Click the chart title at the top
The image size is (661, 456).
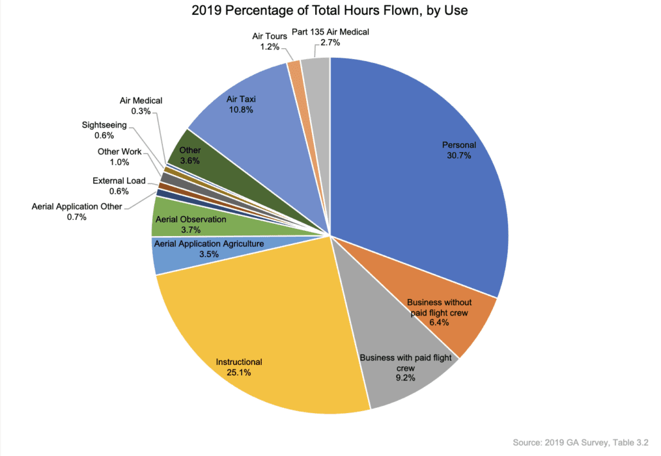click(330, 11)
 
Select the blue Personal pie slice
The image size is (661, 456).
click(417, 167)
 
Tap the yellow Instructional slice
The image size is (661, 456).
click(257, 334)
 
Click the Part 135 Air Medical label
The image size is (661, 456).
click(330, 32)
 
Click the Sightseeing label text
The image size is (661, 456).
click(104, 125)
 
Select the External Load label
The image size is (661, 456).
click(119, 181)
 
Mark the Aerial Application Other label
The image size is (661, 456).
click(76, 207)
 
